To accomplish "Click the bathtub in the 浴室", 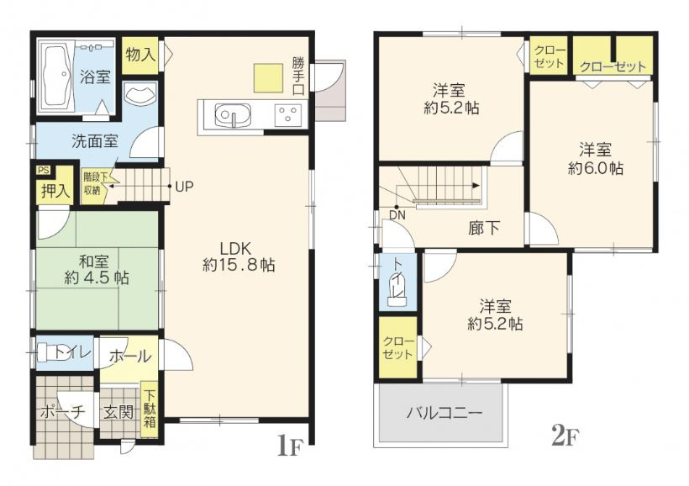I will pyautogui.click(x=55, y=76).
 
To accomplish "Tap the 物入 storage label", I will pyautogui.click(x=139, y=55).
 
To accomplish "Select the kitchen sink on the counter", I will pyautogui.click(x=228, y=114).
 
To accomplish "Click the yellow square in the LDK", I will pyautogui.click(x=271, y=77).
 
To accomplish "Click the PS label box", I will pyautogui.click(x=43, y=170).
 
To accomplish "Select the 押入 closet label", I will pyautogui.click(x=55, y=191).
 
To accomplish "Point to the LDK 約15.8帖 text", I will pyautogui.click(x=238, y=256).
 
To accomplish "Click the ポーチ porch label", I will pyautogui.click(x=63, y=412).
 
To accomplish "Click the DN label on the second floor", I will pyautogui.click(x=397, y=214).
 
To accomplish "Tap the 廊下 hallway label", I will pyautogui.click(x=485, y=225).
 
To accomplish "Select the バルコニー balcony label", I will pyautogui.click(x=444, y=413).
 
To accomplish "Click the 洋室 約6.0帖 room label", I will pyautogui.click(x=595, y=159).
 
